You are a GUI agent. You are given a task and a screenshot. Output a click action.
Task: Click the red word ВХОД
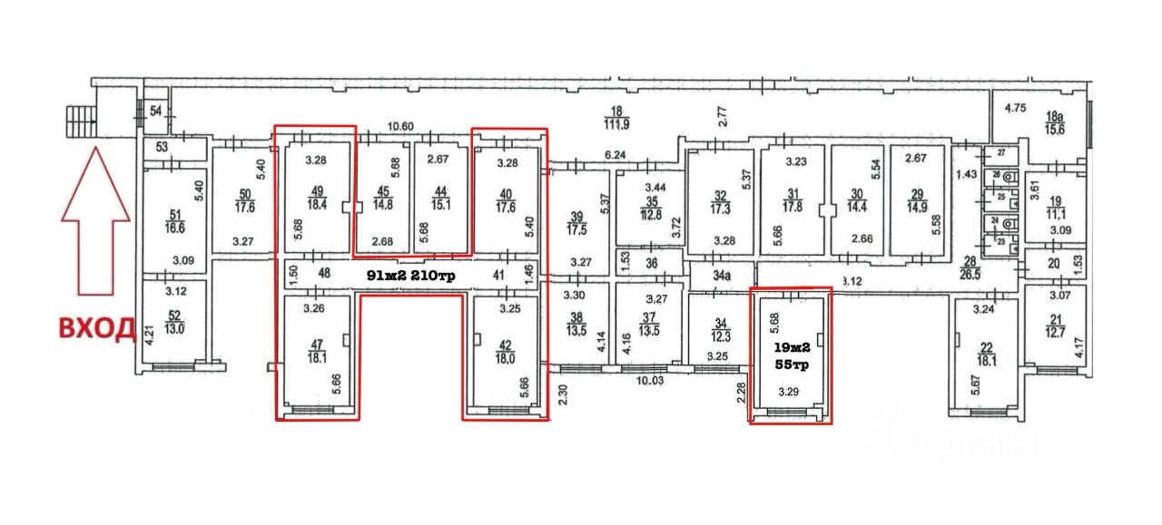(97, 327)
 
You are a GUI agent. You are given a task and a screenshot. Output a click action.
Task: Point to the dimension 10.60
(399, 127)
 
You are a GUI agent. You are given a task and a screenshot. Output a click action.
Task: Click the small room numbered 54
(156, 111)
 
